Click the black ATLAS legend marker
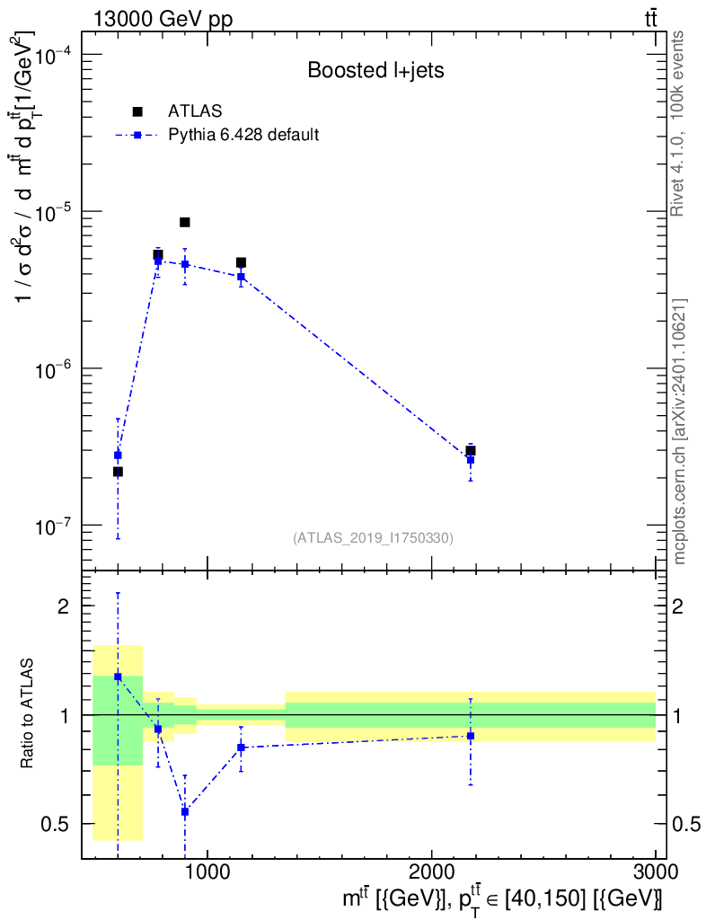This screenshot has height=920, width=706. (137, 111)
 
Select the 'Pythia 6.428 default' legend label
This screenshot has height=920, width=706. (244, 136)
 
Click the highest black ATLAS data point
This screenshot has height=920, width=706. (185, 222)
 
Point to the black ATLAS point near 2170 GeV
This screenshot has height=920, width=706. (470, 450)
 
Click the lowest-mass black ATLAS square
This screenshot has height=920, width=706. (118, 472)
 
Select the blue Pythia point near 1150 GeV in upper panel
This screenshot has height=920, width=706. (241, 277)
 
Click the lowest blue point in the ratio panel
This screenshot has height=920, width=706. (185, 811)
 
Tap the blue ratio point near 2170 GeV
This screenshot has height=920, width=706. (470, 736)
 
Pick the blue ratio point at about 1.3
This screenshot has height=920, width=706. (118, 677)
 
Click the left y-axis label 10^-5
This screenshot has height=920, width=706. (57, 211)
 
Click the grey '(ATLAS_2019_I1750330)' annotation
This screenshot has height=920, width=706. (373, 538)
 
